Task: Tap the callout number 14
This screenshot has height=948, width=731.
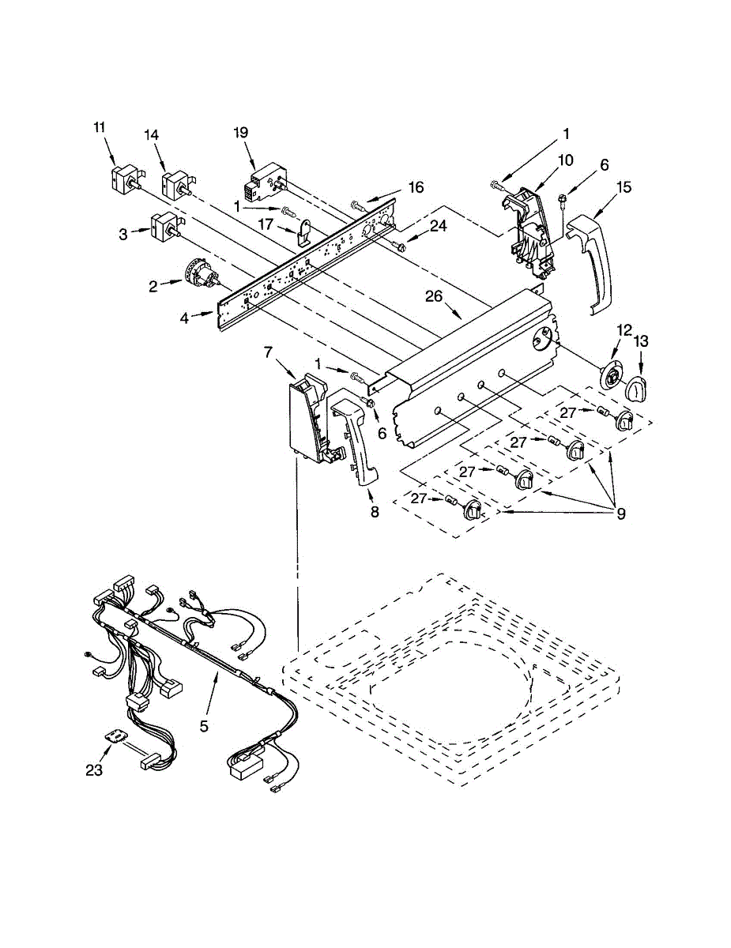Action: click(152, 134)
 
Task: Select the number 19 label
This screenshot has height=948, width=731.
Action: click(242, 133)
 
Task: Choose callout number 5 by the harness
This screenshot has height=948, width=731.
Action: click(204, 725)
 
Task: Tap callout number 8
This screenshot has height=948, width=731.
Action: click(375, 511)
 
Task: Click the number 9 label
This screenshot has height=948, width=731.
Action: click(621, 513)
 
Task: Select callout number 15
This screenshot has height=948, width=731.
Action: click(624, 187)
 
